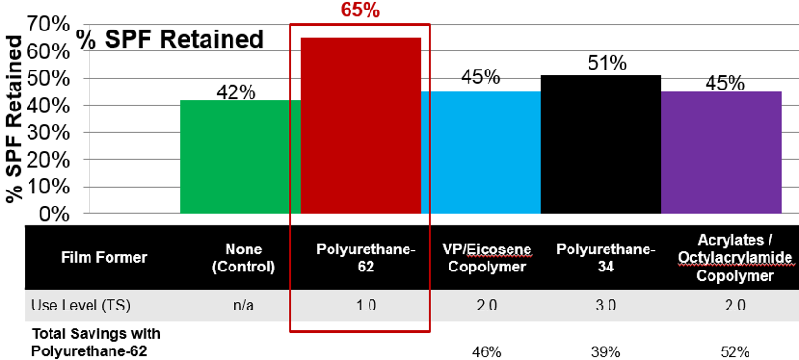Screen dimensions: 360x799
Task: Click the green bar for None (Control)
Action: tap(240, 156)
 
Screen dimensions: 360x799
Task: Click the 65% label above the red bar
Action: tap(360, 11)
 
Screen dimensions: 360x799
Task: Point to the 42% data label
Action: tap(235, 92)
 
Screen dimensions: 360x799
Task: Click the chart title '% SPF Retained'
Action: tap(170, 40)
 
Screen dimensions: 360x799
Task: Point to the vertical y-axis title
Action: tap(15, 118)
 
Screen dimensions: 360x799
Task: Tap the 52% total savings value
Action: tap(735, 351)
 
